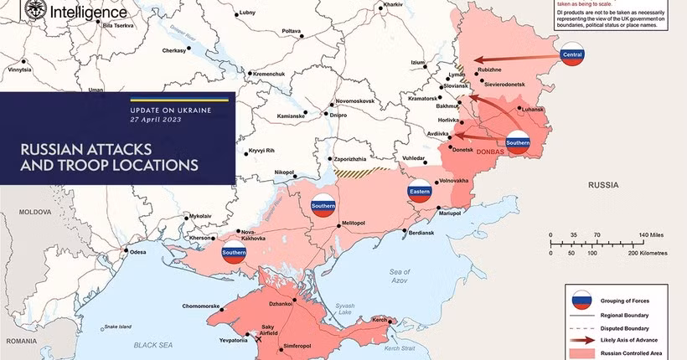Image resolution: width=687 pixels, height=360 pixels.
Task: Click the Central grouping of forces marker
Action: (572, 57)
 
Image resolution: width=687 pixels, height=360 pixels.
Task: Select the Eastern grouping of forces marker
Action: (420, 192)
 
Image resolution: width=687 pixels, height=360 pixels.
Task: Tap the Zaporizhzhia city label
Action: (349, 158)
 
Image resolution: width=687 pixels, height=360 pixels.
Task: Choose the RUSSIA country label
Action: (603, 183)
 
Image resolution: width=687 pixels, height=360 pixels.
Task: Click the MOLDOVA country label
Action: (36, 213)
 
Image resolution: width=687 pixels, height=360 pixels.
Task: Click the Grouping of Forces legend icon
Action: (581, 301)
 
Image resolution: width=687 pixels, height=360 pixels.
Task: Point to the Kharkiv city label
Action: (393, 6)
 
